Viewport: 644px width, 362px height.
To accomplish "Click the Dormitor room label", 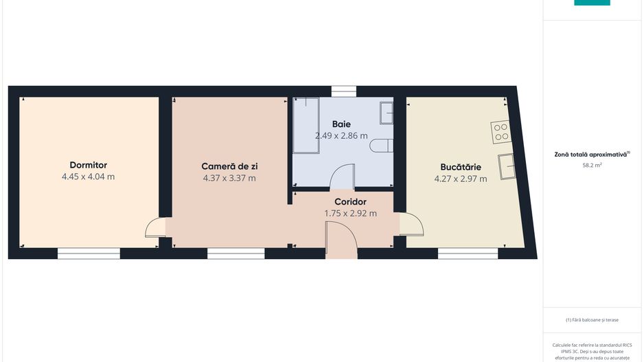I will [88, 165].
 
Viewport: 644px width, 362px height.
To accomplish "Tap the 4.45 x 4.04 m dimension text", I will [88, 177].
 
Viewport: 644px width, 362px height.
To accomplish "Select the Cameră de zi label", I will [229, 166].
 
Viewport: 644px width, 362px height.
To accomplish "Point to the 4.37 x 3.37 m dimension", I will [229, 178].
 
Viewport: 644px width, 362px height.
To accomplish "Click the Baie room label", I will [341, 124].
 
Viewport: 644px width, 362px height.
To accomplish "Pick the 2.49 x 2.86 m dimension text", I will [341, 136].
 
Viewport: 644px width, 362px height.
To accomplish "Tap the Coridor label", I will [350, 202].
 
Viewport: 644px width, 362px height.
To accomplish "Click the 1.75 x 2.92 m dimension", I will [350, 214].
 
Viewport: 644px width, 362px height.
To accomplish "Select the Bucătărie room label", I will [461, 167].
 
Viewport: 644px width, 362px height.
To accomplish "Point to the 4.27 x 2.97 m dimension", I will [461, 179].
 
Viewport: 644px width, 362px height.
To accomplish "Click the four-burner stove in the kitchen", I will [501, 131].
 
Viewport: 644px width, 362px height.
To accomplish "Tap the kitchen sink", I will [507, 167].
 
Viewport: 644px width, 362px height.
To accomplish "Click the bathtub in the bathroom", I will [306, 125].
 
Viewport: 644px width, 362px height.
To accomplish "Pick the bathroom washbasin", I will [387, 112].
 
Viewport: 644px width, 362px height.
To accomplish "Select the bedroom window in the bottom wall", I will [89, 253].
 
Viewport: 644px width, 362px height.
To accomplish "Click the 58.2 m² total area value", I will [592, 165].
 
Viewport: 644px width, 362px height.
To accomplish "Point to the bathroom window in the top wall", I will [343, 91].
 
